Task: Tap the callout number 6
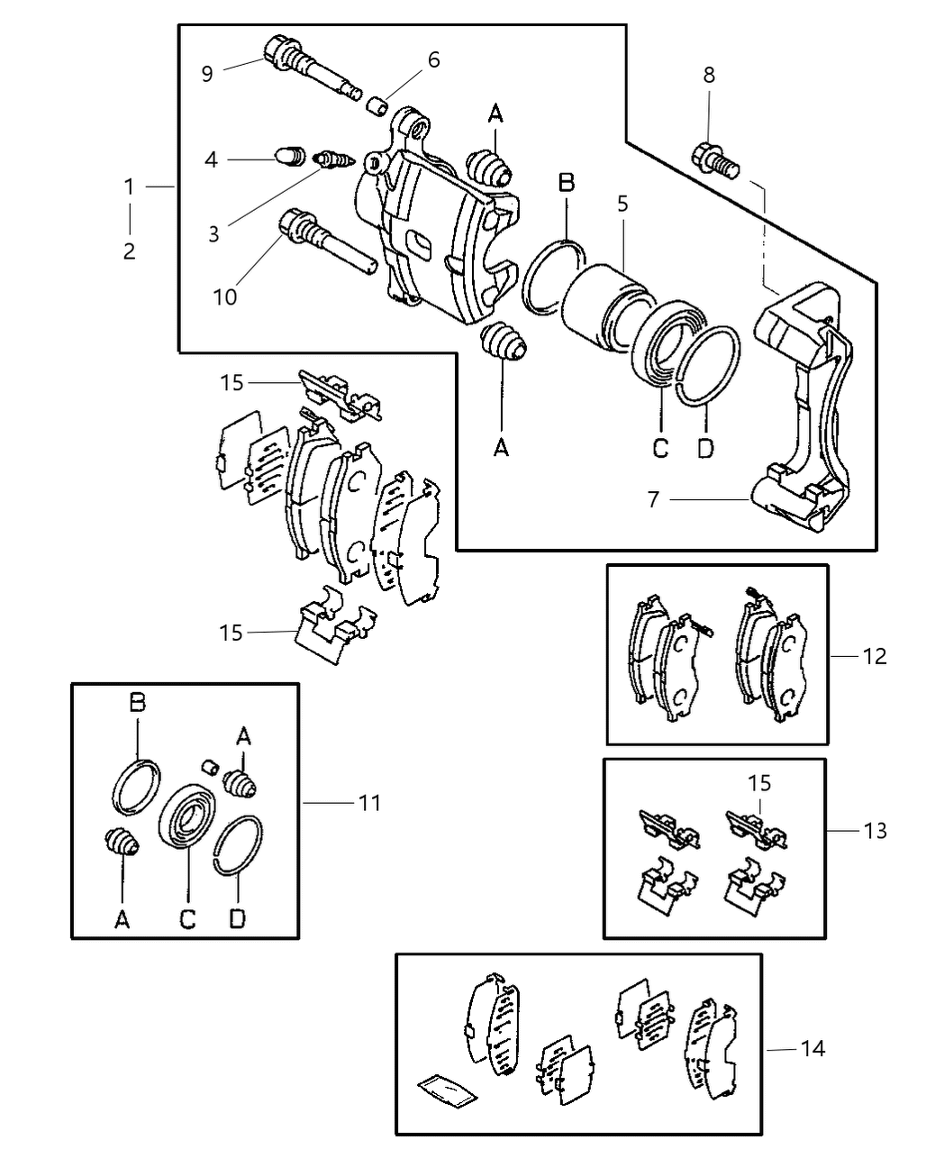(x=433, y=59)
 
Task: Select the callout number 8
(x=709, y=76)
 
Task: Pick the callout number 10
(x=224, y=296)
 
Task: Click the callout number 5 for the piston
(x=622, y=204)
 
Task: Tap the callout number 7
(x=654, y=499)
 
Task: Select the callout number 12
(x=875, y=656)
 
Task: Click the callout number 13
(x=875, y=830)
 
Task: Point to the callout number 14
(x=812, y=1049)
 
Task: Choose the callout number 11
(x=369, y=802)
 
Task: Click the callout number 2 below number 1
(x=130, y=251)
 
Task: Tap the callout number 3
(x=213, y=234)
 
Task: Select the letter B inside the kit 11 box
(x=137, y=702)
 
